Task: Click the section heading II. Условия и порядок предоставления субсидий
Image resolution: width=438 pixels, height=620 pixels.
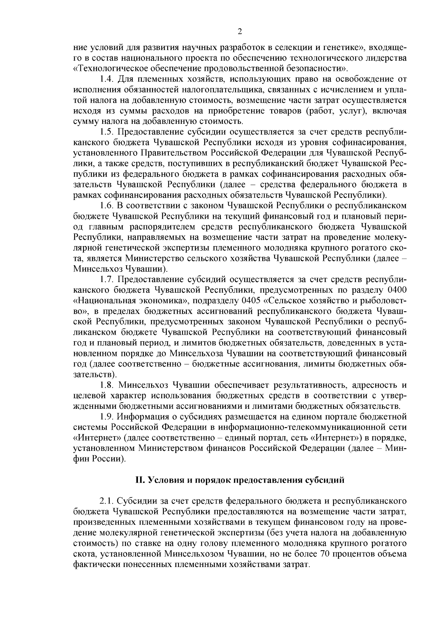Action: (240, 480)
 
